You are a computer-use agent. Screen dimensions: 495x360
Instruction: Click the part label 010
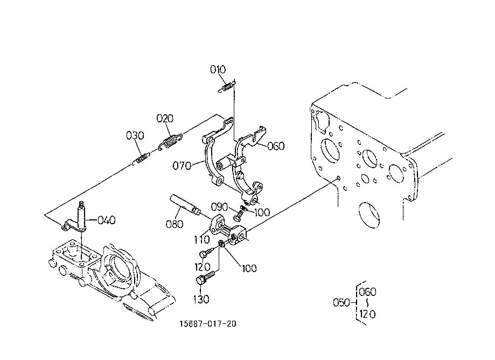[218, 70]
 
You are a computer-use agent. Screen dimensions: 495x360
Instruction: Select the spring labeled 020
[170, 142]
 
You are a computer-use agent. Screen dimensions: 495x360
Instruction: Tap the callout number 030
[135, 135]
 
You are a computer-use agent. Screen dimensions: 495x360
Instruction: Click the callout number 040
[107, 220]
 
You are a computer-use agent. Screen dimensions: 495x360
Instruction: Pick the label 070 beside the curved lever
[182, 165]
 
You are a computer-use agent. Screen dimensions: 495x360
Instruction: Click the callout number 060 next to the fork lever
[276, 146]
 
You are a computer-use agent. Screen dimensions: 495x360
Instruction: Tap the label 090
[219, 207]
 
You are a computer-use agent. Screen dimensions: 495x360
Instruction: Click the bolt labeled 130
[205, 278]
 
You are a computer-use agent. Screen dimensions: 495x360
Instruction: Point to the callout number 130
[201, 299]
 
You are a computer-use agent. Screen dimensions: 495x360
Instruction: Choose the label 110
[202, 240]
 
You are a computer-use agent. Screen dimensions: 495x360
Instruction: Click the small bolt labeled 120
[206, 253]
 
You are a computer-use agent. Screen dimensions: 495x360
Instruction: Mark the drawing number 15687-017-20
[208, 324]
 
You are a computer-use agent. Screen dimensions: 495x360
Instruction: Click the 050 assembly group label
[341, 302]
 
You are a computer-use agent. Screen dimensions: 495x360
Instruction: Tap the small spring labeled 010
[226, 87]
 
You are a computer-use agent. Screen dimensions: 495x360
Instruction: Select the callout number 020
[165, 119]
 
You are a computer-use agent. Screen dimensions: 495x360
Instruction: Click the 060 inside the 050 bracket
[367, 292]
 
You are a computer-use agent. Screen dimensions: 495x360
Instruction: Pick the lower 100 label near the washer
[249, 268]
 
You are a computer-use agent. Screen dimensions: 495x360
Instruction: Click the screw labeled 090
[238, 216]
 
